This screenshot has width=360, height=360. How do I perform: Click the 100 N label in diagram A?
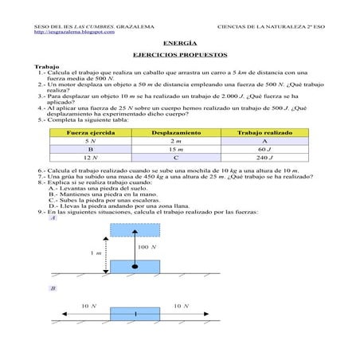pyautogui.click(x=147, y=248)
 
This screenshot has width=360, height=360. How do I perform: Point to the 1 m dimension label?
pyautogui.click(x=96, y=253)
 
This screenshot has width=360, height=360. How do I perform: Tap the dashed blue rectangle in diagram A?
pyautogui.click(x=135, y=229)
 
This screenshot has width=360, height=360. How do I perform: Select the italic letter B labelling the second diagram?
pyautogui.click(x=52, y=288)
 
